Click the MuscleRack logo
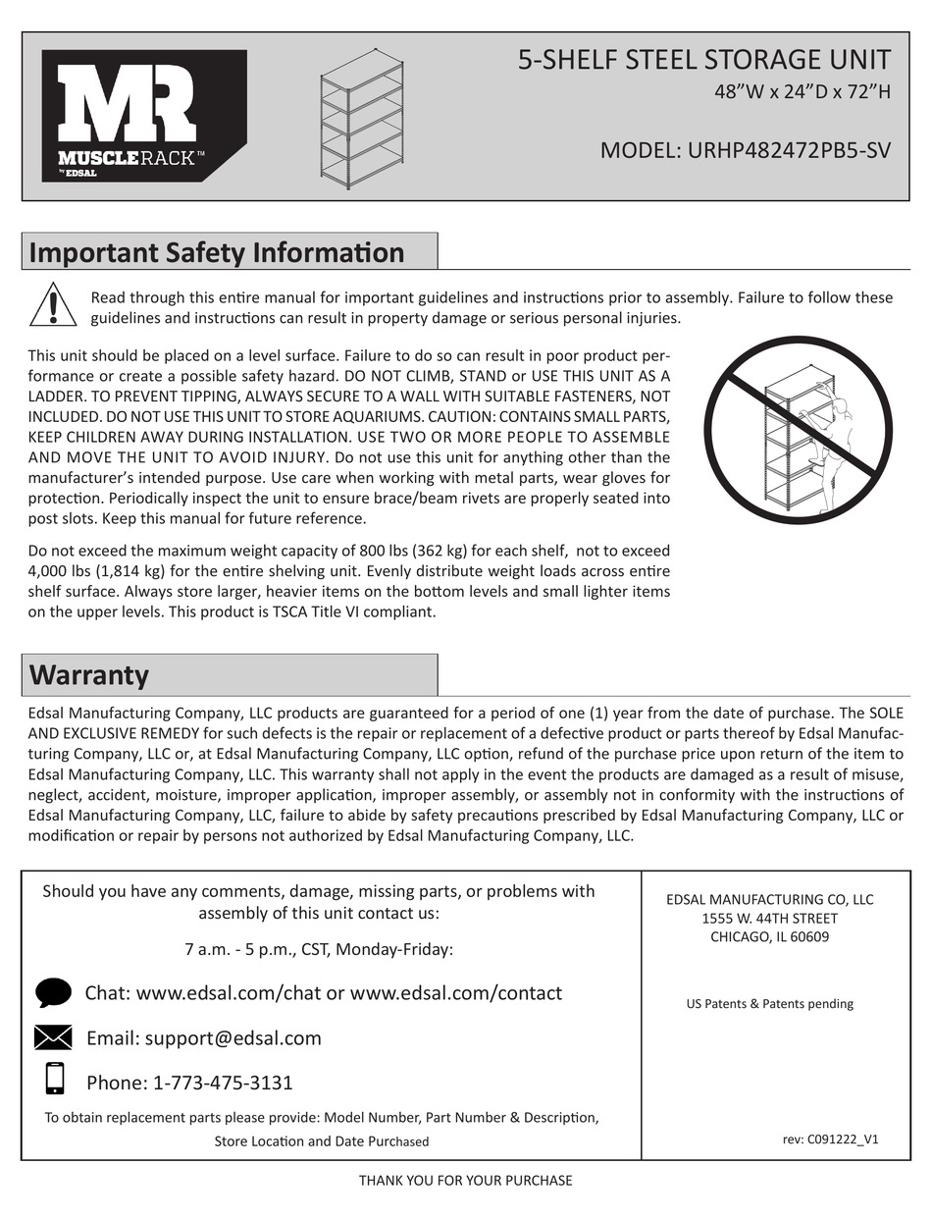pos(143,116)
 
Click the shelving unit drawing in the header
pos(363,118)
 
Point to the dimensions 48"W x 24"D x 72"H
pos(802,93)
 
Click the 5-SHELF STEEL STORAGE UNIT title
pos(703,60)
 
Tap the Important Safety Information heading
pos(217,252)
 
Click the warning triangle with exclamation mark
pos(53,305)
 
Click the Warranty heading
pos(89,675)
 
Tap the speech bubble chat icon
pos(53,992)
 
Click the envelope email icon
pos(53,1037)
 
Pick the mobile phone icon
pos(55,1079)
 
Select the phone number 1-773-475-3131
pos(223,1083)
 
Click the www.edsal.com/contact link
pos(456,992)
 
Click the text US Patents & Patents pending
pos(769,1004)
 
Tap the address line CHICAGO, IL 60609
pos(769,936)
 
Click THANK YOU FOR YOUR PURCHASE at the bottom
pos(465,1180)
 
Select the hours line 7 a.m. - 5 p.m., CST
pos(318,949)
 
